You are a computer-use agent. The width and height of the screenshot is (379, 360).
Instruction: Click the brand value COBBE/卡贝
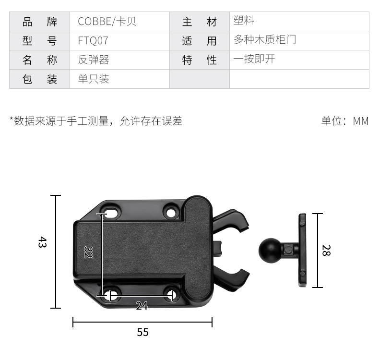[107, 22]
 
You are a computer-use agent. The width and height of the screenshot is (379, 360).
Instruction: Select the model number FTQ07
[93, 41]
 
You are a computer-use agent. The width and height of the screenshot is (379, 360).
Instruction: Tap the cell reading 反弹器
[94, 60]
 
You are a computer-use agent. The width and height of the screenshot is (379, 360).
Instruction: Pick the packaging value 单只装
[94, 79]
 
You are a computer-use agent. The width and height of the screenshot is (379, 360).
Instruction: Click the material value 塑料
[243, 20]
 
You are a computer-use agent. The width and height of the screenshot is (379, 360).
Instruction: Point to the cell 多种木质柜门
[265, 39]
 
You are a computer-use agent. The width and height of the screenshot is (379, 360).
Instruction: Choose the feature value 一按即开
[254, 59]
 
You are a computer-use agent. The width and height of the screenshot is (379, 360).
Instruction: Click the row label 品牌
[40, 22]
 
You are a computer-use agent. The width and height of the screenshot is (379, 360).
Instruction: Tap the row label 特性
[200, 60]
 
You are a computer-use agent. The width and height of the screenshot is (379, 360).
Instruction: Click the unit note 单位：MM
[345, 121]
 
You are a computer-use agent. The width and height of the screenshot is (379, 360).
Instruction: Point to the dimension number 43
[42, 242]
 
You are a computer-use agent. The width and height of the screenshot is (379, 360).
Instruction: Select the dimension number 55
[142, 332]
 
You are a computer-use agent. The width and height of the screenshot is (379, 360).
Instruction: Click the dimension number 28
[326, 250]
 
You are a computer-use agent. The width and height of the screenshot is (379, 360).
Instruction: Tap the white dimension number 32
[88, 252]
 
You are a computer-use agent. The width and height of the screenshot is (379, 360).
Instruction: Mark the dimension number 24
[142, 306]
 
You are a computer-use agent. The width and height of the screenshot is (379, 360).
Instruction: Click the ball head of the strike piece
[270, 250]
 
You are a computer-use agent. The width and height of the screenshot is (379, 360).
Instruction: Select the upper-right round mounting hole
[171, 213]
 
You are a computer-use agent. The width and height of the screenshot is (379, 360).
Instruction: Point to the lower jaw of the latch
[231, 278]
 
